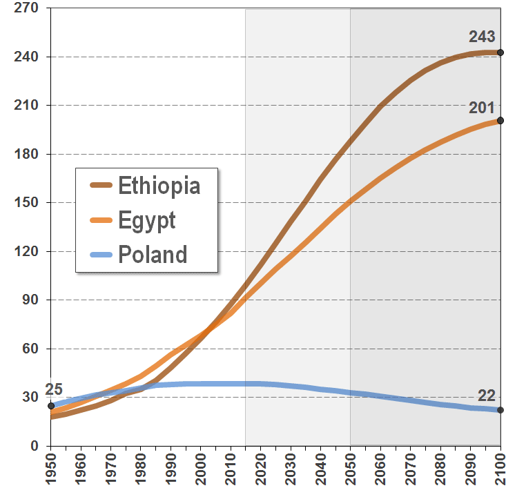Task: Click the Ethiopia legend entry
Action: coord(159,186)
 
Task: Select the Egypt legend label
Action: coord(146,220)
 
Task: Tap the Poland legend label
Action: coord(152,254)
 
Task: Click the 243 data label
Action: coord(482,37)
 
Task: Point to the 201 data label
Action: coord(482,107)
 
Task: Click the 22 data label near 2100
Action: coord(487,396)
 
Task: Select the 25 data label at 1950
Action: coord(54,389)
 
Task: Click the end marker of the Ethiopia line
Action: coord(500,52)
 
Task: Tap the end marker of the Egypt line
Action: coord(500,121)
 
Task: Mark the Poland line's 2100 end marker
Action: coord(500,410)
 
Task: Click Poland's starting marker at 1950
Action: coord(51,406)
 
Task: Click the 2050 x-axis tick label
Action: coord(350,469)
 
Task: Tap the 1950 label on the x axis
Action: coord(51,469)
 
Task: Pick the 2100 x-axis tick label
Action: coord(500,469)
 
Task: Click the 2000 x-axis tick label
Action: coord(200,469)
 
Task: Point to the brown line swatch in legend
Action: coord(101,186)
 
